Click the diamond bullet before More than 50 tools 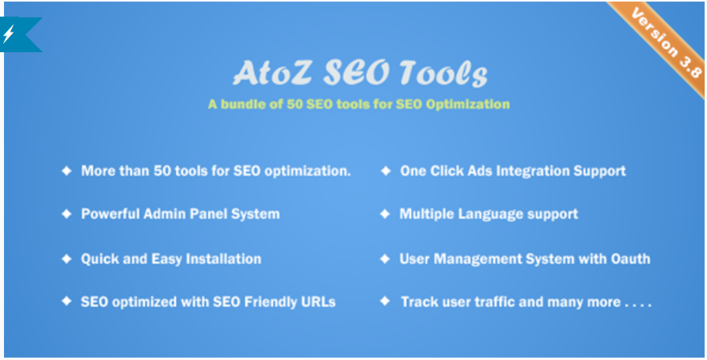(67, 171)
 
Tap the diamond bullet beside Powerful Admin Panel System (67, 214)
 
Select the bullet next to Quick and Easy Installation (67, 259)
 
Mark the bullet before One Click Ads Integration (386, 171)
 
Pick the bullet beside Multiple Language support (386, 214)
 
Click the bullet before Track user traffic (386, 301)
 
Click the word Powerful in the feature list (108, 214)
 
